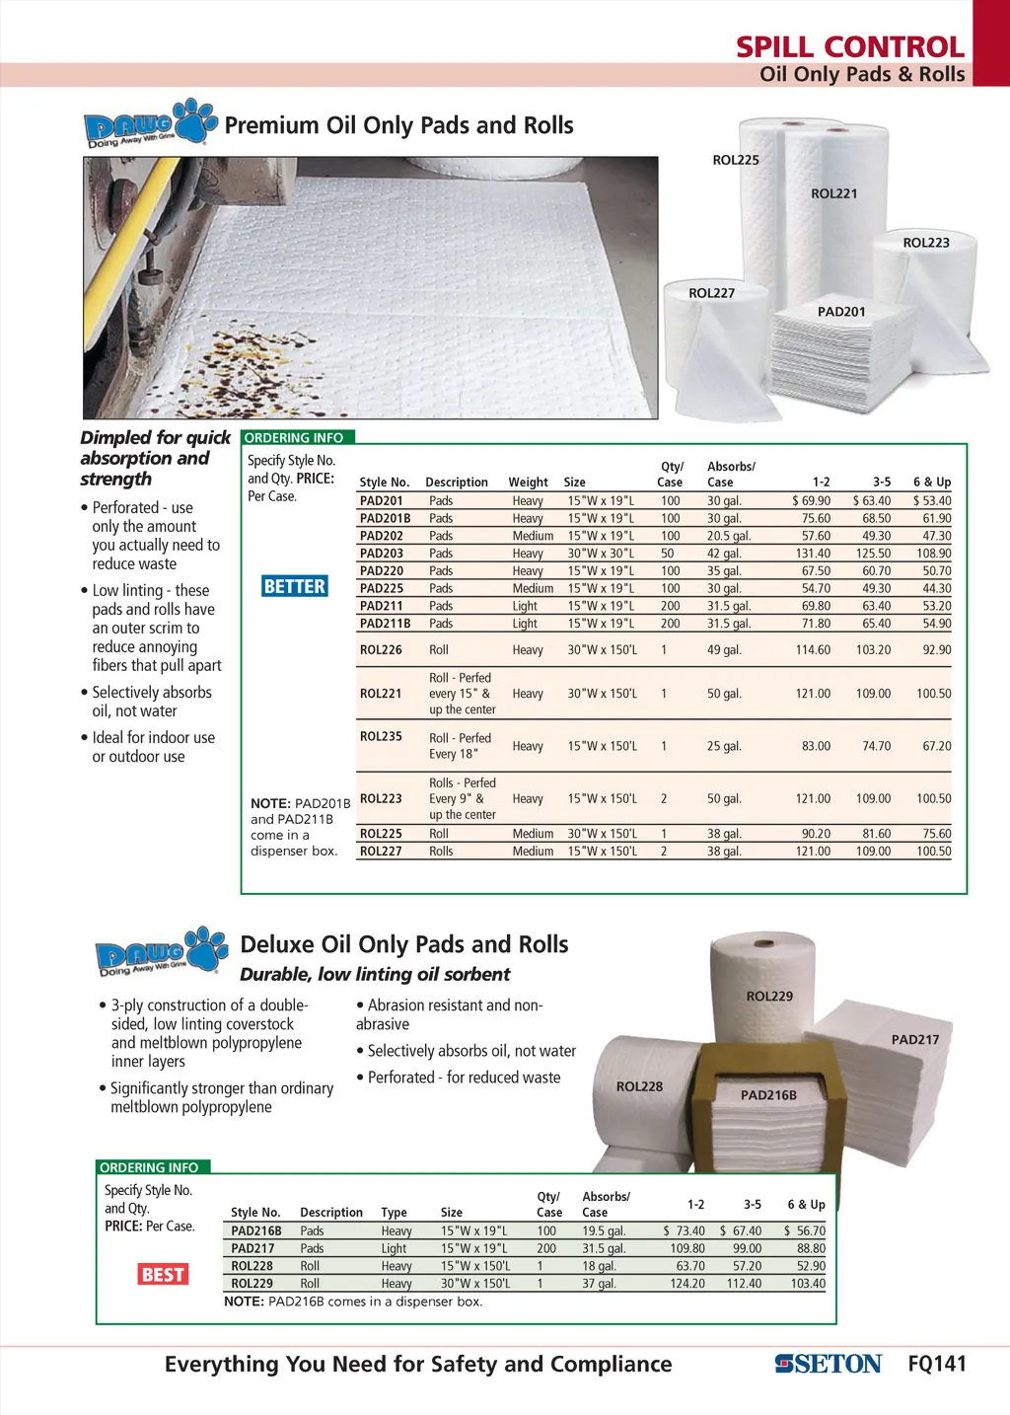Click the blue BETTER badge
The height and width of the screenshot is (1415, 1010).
pos(294,586)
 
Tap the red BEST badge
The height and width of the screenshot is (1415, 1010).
pos(163,1274)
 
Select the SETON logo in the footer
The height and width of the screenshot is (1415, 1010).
pos(828,1364)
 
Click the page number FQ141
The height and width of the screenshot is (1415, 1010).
pos(936,1364)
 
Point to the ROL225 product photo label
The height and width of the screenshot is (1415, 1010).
pos(736,160)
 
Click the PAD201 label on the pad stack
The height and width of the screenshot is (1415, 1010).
pos(840,312)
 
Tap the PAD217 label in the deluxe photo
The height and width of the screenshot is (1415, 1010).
pos(914,1039)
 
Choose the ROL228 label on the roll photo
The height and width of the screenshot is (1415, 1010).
pos(639,1086)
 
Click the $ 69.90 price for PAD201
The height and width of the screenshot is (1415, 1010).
pos(811,500)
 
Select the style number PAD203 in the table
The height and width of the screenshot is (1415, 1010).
pos(382,554)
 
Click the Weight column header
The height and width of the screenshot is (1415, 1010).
pos(528,483)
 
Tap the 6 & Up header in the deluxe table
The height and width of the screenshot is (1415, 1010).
pos(806,1204)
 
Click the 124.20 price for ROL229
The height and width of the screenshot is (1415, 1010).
pos(687,1284)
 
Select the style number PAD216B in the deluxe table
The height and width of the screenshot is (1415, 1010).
pos(256,1230)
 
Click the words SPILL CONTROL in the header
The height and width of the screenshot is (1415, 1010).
pos(849,46)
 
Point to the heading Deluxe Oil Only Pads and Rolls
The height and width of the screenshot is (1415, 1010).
pos(404,944)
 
